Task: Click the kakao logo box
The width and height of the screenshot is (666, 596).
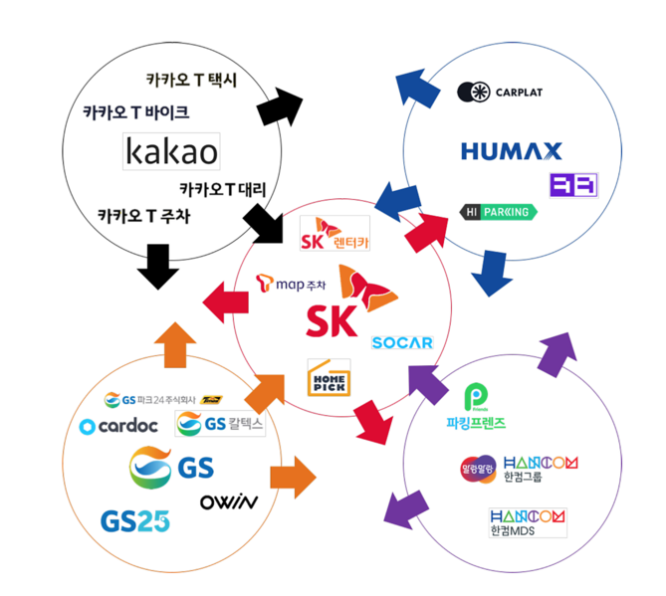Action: [171, 152]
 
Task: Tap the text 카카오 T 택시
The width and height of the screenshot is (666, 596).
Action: [191, 79]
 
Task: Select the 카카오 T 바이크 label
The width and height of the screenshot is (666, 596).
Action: [135, 112]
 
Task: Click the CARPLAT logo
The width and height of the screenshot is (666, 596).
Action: [500, 93]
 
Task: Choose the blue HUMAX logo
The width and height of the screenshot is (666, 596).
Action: [511, 151]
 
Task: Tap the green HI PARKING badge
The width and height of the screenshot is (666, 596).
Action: [497, 212]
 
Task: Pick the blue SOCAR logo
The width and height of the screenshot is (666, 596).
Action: [402, 342]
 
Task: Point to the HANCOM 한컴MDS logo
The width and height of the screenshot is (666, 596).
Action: [528, 522]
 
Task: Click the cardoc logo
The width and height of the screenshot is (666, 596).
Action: [119, 427]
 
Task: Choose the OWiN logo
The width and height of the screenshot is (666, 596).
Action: [229, 501]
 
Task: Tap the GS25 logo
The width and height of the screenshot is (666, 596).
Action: [134, 520]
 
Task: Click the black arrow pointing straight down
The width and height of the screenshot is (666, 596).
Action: [155, 265]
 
